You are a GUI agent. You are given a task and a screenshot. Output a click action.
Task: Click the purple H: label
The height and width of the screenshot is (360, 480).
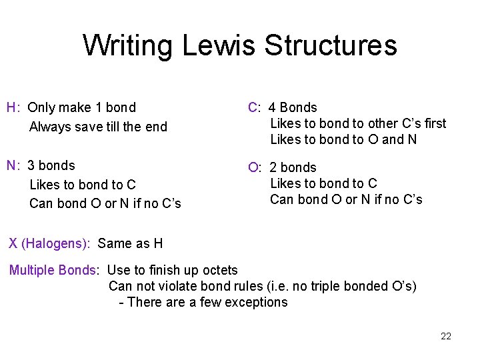13,107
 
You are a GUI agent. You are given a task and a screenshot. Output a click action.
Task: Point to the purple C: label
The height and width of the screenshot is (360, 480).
255,107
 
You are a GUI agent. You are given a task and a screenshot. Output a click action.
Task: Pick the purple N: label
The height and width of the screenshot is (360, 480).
13,165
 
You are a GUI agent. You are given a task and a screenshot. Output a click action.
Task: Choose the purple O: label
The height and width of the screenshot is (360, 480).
255,167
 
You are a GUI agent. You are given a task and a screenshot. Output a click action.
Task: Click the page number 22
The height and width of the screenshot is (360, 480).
446,336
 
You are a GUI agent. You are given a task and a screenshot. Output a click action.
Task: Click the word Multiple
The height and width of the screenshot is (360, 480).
32,270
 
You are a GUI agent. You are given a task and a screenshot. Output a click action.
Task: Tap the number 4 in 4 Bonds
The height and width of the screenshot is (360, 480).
273,107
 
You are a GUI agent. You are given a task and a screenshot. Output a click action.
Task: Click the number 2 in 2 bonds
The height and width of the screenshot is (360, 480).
273,167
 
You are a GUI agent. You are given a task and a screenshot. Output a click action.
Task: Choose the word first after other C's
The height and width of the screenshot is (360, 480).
433,123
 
